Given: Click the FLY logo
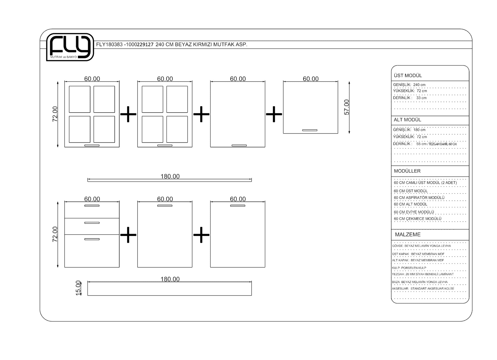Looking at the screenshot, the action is [x=70, y=47].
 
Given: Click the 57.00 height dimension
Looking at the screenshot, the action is [x=347, y=107].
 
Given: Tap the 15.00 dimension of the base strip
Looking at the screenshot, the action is [x=78, y=288].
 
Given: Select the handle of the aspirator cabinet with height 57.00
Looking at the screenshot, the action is [x=310, y=130].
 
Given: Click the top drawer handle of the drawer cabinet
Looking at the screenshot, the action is [x=92, y=206].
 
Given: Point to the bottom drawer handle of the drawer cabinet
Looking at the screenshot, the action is [x=92, y=239].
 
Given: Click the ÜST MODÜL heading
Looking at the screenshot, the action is [x=408, y=76].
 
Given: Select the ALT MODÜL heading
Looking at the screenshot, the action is [x=407, y=120].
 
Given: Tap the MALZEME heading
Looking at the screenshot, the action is [x=408, y=234].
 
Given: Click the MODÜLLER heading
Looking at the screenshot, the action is [x=407, y=171].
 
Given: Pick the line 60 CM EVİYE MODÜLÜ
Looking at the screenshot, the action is [x=414, y=212].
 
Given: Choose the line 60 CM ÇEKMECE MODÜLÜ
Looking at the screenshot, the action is [x=418, y=219].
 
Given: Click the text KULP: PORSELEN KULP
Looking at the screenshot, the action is [x=409, y=268].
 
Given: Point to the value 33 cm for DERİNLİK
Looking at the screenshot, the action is [x=421, y=98].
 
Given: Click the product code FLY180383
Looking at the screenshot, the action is [x=109, y=44].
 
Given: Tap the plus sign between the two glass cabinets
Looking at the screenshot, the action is [x=128, y=114].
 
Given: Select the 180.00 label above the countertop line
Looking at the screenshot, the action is [x=170, y=176].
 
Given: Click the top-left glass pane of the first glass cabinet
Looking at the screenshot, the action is [x=80, y=99].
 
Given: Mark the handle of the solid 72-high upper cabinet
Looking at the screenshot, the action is [x=239, y=146].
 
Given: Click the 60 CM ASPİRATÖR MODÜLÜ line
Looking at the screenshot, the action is [x=419, y=198].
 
